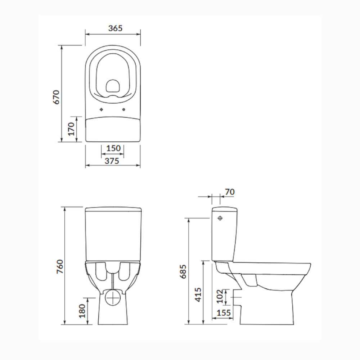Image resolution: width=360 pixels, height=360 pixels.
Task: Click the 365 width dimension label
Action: [x=115, y=28]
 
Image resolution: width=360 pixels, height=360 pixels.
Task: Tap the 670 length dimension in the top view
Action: [x=56, y=97]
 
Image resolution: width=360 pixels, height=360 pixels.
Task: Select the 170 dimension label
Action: [x=71, y=129]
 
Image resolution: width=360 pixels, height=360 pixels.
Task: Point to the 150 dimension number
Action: [x=113, y=148]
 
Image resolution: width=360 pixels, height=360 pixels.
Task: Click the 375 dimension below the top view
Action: [x=112, y=161]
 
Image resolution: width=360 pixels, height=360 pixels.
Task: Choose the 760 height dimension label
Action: [x=60, y=266]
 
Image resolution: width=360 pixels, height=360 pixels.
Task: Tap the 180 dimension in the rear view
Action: [x=82, y=311]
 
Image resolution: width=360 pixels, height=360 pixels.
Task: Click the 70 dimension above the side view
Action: [x=230, y=192]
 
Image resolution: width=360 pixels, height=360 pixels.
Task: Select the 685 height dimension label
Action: [x=183, y=271]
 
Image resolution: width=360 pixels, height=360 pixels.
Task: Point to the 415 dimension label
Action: [x=198, y=295]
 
